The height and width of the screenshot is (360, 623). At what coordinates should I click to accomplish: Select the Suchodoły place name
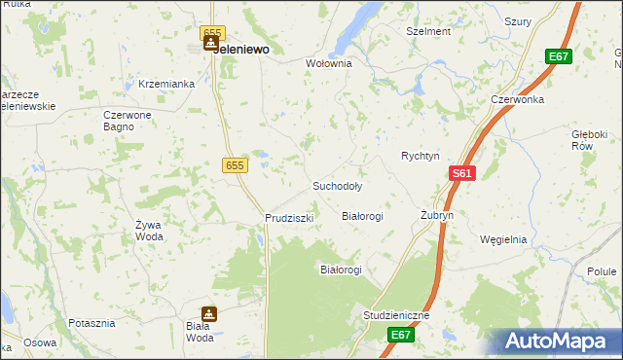(x=337, y=185)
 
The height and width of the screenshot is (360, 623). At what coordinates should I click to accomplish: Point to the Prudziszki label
(x=289, y=218)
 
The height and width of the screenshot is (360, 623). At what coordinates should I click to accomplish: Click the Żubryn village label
(x=437, y=215)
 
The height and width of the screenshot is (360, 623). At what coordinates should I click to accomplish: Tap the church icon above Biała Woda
(x=208, y=314)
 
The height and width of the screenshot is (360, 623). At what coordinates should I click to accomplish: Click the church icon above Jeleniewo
(x=210, y=43)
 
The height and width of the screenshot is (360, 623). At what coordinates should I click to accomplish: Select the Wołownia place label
(x=328, y=63)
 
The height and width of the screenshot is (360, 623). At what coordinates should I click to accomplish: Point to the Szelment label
(x=428, y=31)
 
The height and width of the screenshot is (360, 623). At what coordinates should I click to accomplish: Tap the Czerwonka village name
(x=515, y=99)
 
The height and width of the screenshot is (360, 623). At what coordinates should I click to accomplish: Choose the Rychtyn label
(x=421, y=156)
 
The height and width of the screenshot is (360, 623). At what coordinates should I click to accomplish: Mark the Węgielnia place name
(x=503, y=239)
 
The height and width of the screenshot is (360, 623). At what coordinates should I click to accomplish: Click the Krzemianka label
(x=167, y=84)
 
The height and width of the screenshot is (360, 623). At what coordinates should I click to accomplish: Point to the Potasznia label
(x=92, y=322)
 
